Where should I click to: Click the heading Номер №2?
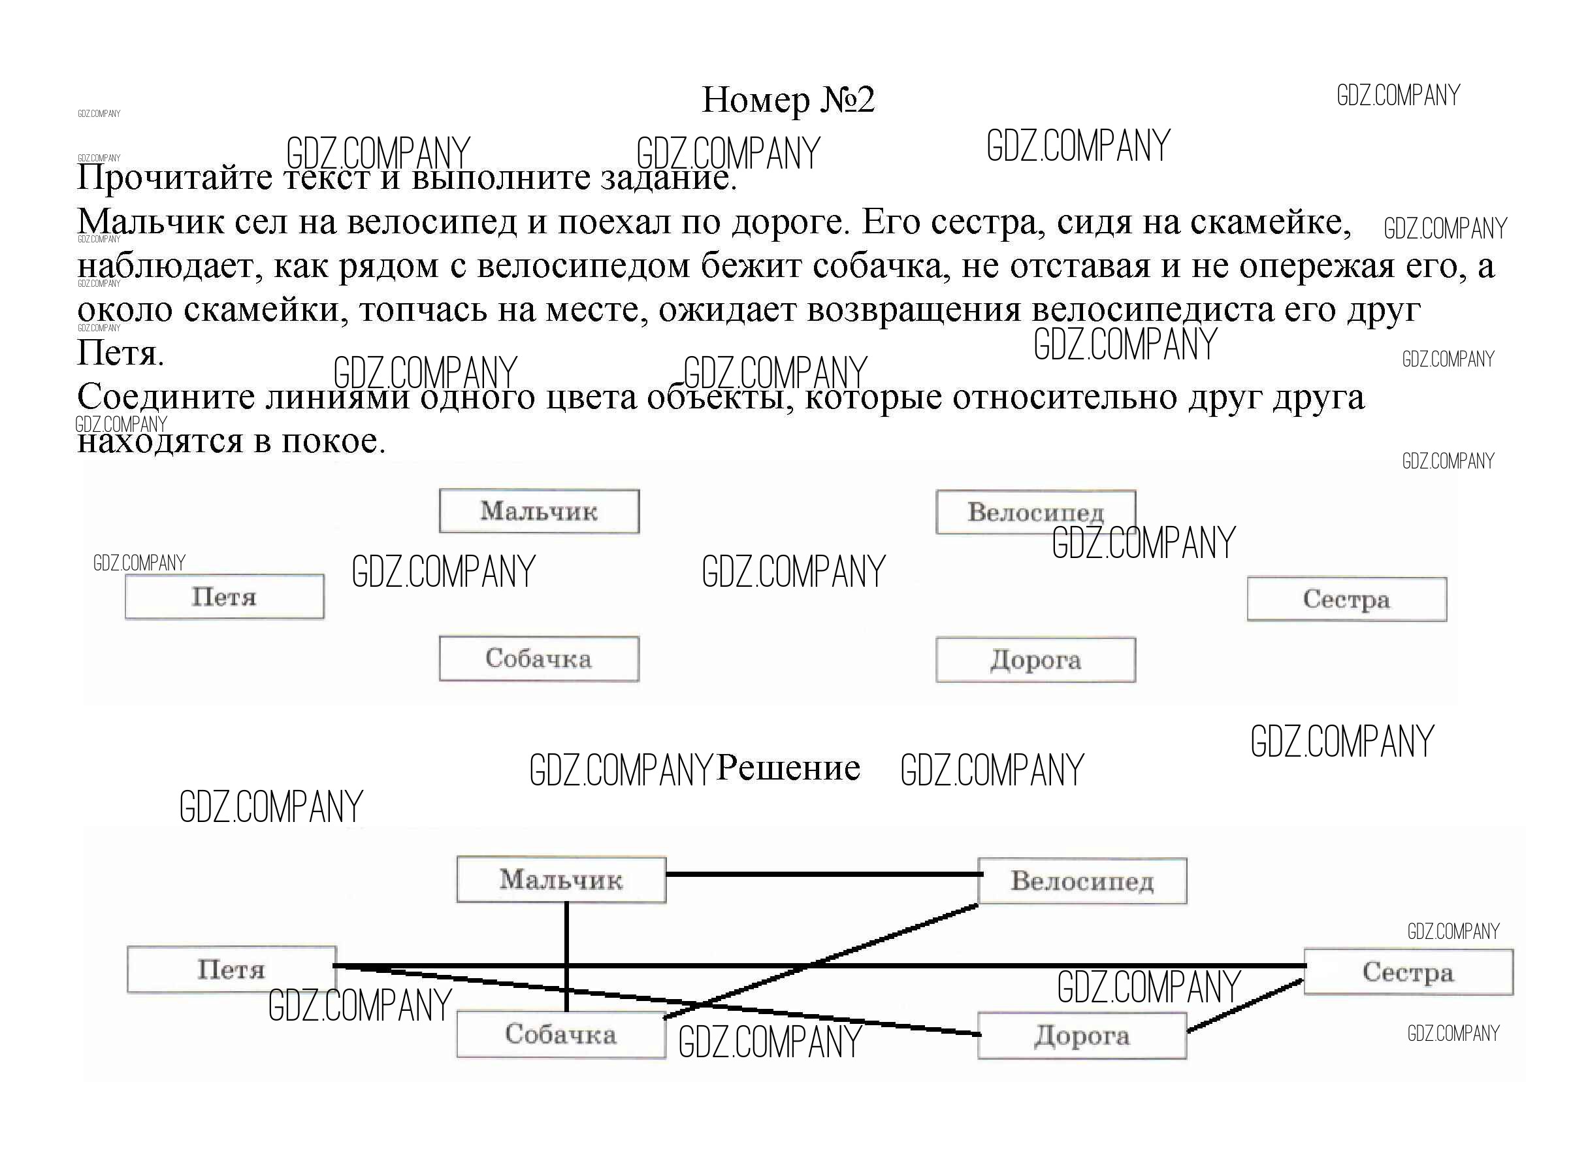[788, 100]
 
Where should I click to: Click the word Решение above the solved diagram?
[788, 768]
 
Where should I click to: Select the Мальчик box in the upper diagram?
[539, 511]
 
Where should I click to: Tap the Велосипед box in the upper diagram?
[1035, 512]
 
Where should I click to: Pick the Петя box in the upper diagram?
[225, 597]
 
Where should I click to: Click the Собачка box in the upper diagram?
[539, 659]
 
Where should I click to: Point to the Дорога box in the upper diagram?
[1035, 660]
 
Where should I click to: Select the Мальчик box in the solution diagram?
[561, 879]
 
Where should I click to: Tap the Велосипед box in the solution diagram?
[1082, 880]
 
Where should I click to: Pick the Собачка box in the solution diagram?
[561, 1034]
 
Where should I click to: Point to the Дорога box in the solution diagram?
[1082, 1036]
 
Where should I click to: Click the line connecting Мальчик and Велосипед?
[822, 874]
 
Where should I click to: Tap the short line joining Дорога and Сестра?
[1245, 1006]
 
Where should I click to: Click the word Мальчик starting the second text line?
[150, 222]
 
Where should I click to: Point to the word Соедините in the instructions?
[166, 397]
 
